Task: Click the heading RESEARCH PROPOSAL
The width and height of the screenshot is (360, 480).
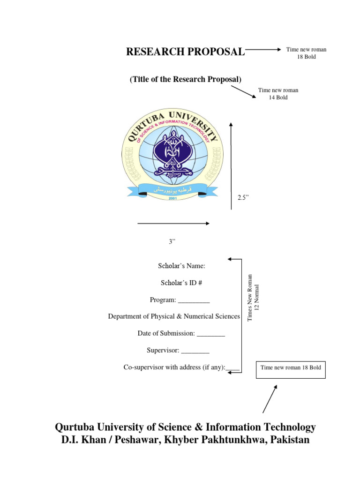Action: tap(185, 52)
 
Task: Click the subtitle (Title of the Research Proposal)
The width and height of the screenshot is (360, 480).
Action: tap(186, 79)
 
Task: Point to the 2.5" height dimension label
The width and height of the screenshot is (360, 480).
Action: tap(242, 197)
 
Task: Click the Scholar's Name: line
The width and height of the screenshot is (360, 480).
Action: tap(181, 266)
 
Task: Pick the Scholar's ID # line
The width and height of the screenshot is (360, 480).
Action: tap(181, 283)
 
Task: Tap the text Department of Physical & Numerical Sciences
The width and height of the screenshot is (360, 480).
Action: tap(174, 316)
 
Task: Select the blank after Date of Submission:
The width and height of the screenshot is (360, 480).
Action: tap(211, 334)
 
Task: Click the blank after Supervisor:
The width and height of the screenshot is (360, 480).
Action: tap(195, 351)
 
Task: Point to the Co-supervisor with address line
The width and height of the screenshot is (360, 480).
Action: tap(181, 367)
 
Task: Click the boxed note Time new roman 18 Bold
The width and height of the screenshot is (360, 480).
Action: tap(291, 368)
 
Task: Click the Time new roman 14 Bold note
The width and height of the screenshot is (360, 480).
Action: tap(278, 94)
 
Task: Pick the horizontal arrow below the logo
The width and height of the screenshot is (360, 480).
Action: tap(173, 224)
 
